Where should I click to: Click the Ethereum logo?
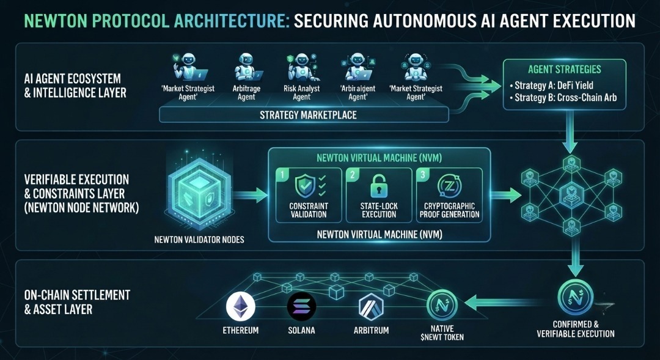(240, 307)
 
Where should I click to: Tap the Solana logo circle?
(301, 307)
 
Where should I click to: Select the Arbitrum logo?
(372, 307)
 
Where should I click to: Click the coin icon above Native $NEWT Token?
(442, 305)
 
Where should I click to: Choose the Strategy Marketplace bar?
(304, 114)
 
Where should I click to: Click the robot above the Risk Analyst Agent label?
(301, 67)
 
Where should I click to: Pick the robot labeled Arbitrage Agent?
(247, 67)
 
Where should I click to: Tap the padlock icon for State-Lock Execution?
(379, 186)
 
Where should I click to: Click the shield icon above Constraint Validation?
(305, 186)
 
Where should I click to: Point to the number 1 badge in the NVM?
(282, 175)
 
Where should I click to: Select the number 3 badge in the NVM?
(423, 175)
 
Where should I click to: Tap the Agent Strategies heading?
(565, 70)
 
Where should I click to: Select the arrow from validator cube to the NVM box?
(250, 195)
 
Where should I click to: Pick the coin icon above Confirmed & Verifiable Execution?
(576, 297)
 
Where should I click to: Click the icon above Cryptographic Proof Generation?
(449, 186)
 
